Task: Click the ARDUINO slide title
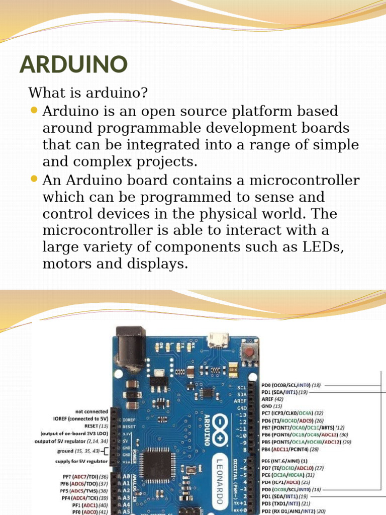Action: [x=73, y=64]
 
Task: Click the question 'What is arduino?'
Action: [x=88, y=93]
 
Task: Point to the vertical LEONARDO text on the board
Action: [x=220, y=477]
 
